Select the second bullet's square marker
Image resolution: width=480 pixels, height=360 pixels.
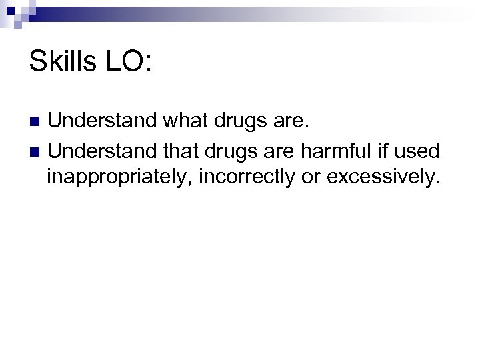[35, 153]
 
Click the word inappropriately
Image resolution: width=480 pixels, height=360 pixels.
[117, 178]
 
